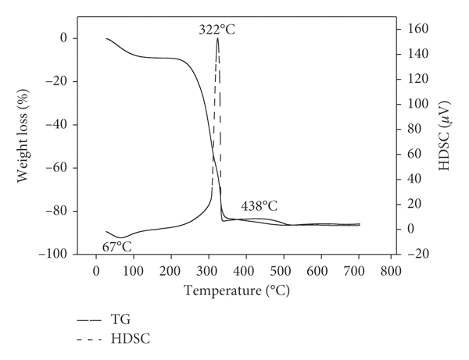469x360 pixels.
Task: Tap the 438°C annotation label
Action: (259, 206)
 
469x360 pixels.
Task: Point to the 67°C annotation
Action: (117, 247)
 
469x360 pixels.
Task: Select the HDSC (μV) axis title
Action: (444, 135)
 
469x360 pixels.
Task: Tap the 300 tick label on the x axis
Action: (207, 271)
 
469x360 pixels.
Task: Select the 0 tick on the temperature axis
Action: (96, 271)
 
